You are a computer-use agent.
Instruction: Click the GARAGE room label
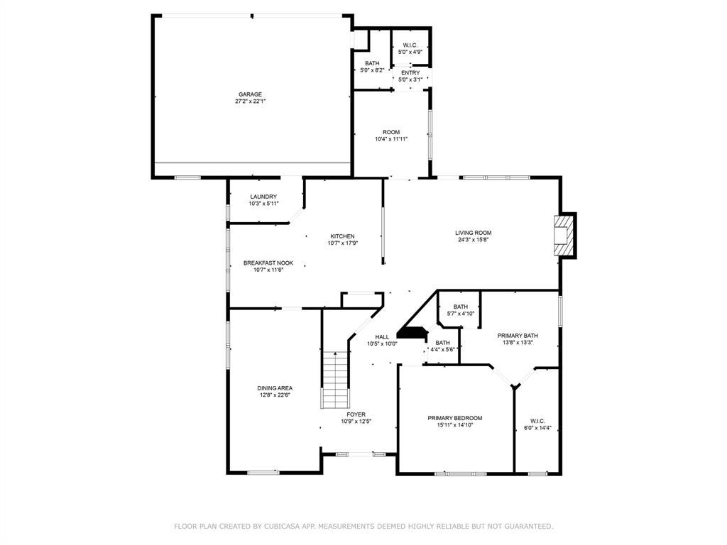coord(251,94)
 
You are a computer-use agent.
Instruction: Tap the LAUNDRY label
coord(263,197)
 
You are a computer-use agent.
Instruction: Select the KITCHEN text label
coord(343,236)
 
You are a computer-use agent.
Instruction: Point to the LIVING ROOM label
coord(474,233)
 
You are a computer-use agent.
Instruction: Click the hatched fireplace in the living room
coord(564,235)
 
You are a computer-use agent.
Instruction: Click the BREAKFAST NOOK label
coord(268,263)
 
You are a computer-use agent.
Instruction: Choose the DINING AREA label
coord(275,388)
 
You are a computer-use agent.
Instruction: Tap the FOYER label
coord(356,414)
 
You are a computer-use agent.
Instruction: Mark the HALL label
coord(382,337)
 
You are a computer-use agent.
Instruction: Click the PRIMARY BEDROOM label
coord(455,418)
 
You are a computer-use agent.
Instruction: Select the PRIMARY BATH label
coord(518,336)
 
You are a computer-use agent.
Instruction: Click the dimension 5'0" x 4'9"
coord(410,52)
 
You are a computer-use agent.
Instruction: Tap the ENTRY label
coord(411,73)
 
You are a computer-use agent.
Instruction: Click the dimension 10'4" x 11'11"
coord(391,139)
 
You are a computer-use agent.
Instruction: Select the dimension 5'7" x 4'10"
coord(461,313)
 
